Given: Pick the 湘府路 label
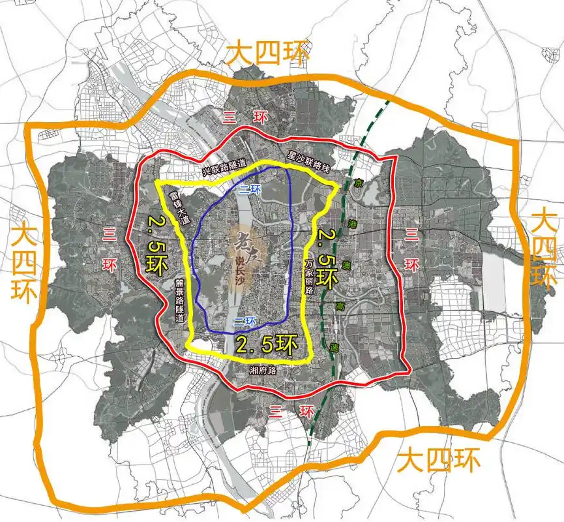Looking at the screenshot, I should point(263,370).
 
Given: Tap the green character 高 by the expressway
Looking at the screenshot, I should point(340,306).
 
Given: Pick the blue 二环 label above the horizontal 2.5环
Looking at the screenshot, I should point(245,320).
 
